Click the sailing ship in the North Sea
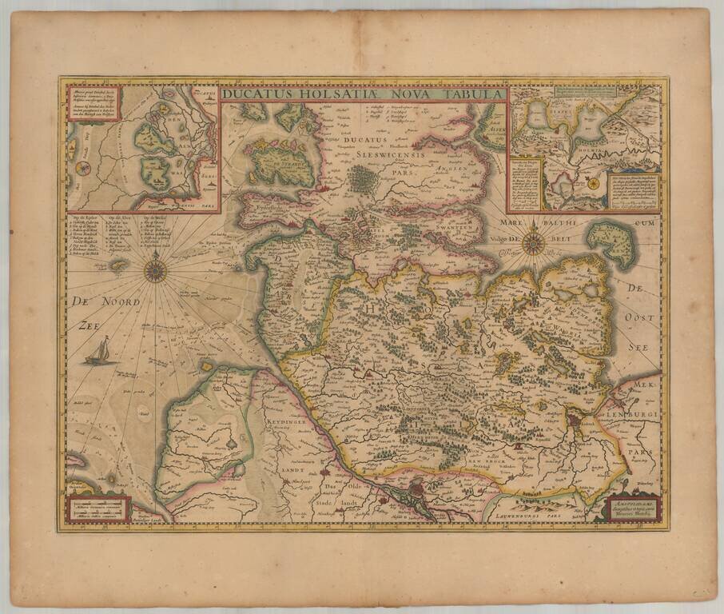(x=97, y=351)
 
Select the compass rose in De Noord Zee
(x=155, y=269)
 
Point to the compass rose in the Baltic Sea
(x=533, y=243)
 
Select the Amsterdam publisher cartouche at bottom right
(x=633, y=507)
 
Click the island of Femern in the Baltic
(x=611, y=241)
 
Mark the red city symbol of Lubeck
(x=577, y=418)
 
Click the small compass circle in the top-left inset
(x=82, y=168)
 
